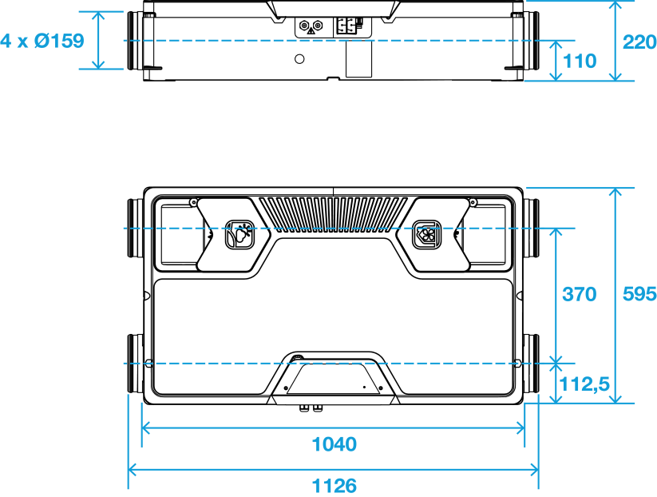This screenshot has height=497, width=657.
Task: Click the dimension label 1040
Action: point(334,444)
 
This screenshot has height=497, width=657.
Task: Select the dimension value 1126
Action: point(334,486)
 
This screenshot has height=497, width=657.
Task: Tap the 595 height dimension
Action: point(639,294)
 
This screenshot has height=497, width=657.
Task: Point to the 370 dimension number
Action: point(579,294)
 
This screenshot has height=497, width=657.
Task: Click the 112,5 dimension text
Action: point(584,384)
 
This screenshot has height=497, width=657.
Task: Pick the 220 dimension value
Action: point(639,42)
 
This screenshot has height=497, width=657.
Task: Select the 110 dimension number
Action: point(580,62)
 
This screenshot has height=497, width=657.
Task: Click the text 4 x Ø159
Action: point(42,41)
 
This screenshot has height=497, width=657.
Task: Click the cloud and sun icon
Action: point(240,234)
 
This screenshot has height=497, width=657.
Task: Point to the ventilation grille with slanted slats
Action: point(333,214)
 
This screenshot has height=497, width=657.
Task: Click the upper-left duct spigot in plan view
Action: point(136,229)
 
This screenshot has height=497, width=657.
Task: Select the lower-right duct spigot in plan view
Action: point(531,364)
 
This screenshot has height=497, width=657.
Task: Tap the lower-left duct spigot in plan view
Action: point(136,364)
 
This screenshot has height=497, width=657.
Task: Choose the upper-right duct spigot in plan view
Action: point(531,229)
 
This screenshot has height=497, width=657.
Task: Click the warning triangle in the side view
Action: point(311,30)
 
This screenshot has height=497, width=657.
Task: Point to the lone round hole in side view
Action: point(299,59)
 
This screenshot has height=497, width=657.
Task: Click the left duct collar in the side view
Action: point(136,40)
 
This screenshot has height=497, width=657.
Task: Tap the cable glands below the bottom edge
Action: point(311,408)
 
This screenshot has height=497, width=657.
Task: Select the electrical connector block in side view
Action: point(347,26)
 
